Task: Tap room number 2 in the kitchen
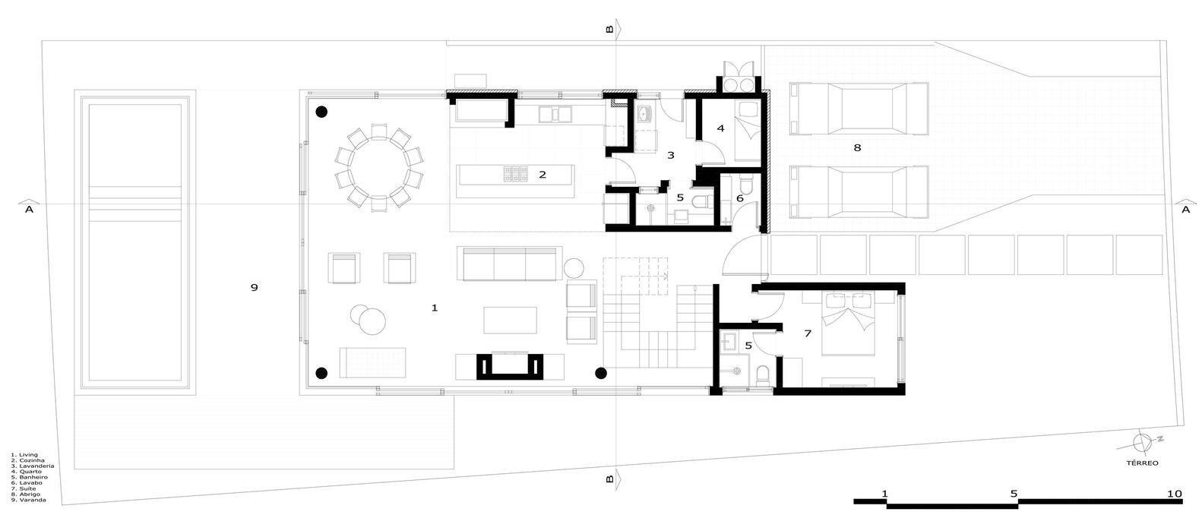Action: (542, 175)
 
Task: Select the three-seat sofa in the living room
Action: (510, 263)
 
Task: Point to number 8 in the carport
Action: (857, 148)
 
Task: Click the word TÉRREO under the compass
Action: (1142, 462)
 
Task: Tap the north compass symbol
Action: (1141, 441)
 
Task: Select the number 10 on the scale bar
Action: (1174, 494)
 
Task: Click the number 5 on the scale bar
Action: (1014, 494)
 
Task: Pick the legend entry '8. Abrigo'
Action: (27, 494)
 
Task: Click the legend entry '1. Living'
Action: (24, 455)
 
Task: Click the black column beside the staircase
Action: (601, 373)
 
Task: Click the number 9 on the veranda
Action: (255, 287)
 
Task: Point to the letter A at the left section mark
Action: (29, 210)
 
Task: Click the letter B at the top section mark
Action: (609, 30)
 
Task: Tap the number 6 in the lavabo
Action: (740, 197)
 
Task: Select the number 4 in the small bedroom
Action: (720, 128)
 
